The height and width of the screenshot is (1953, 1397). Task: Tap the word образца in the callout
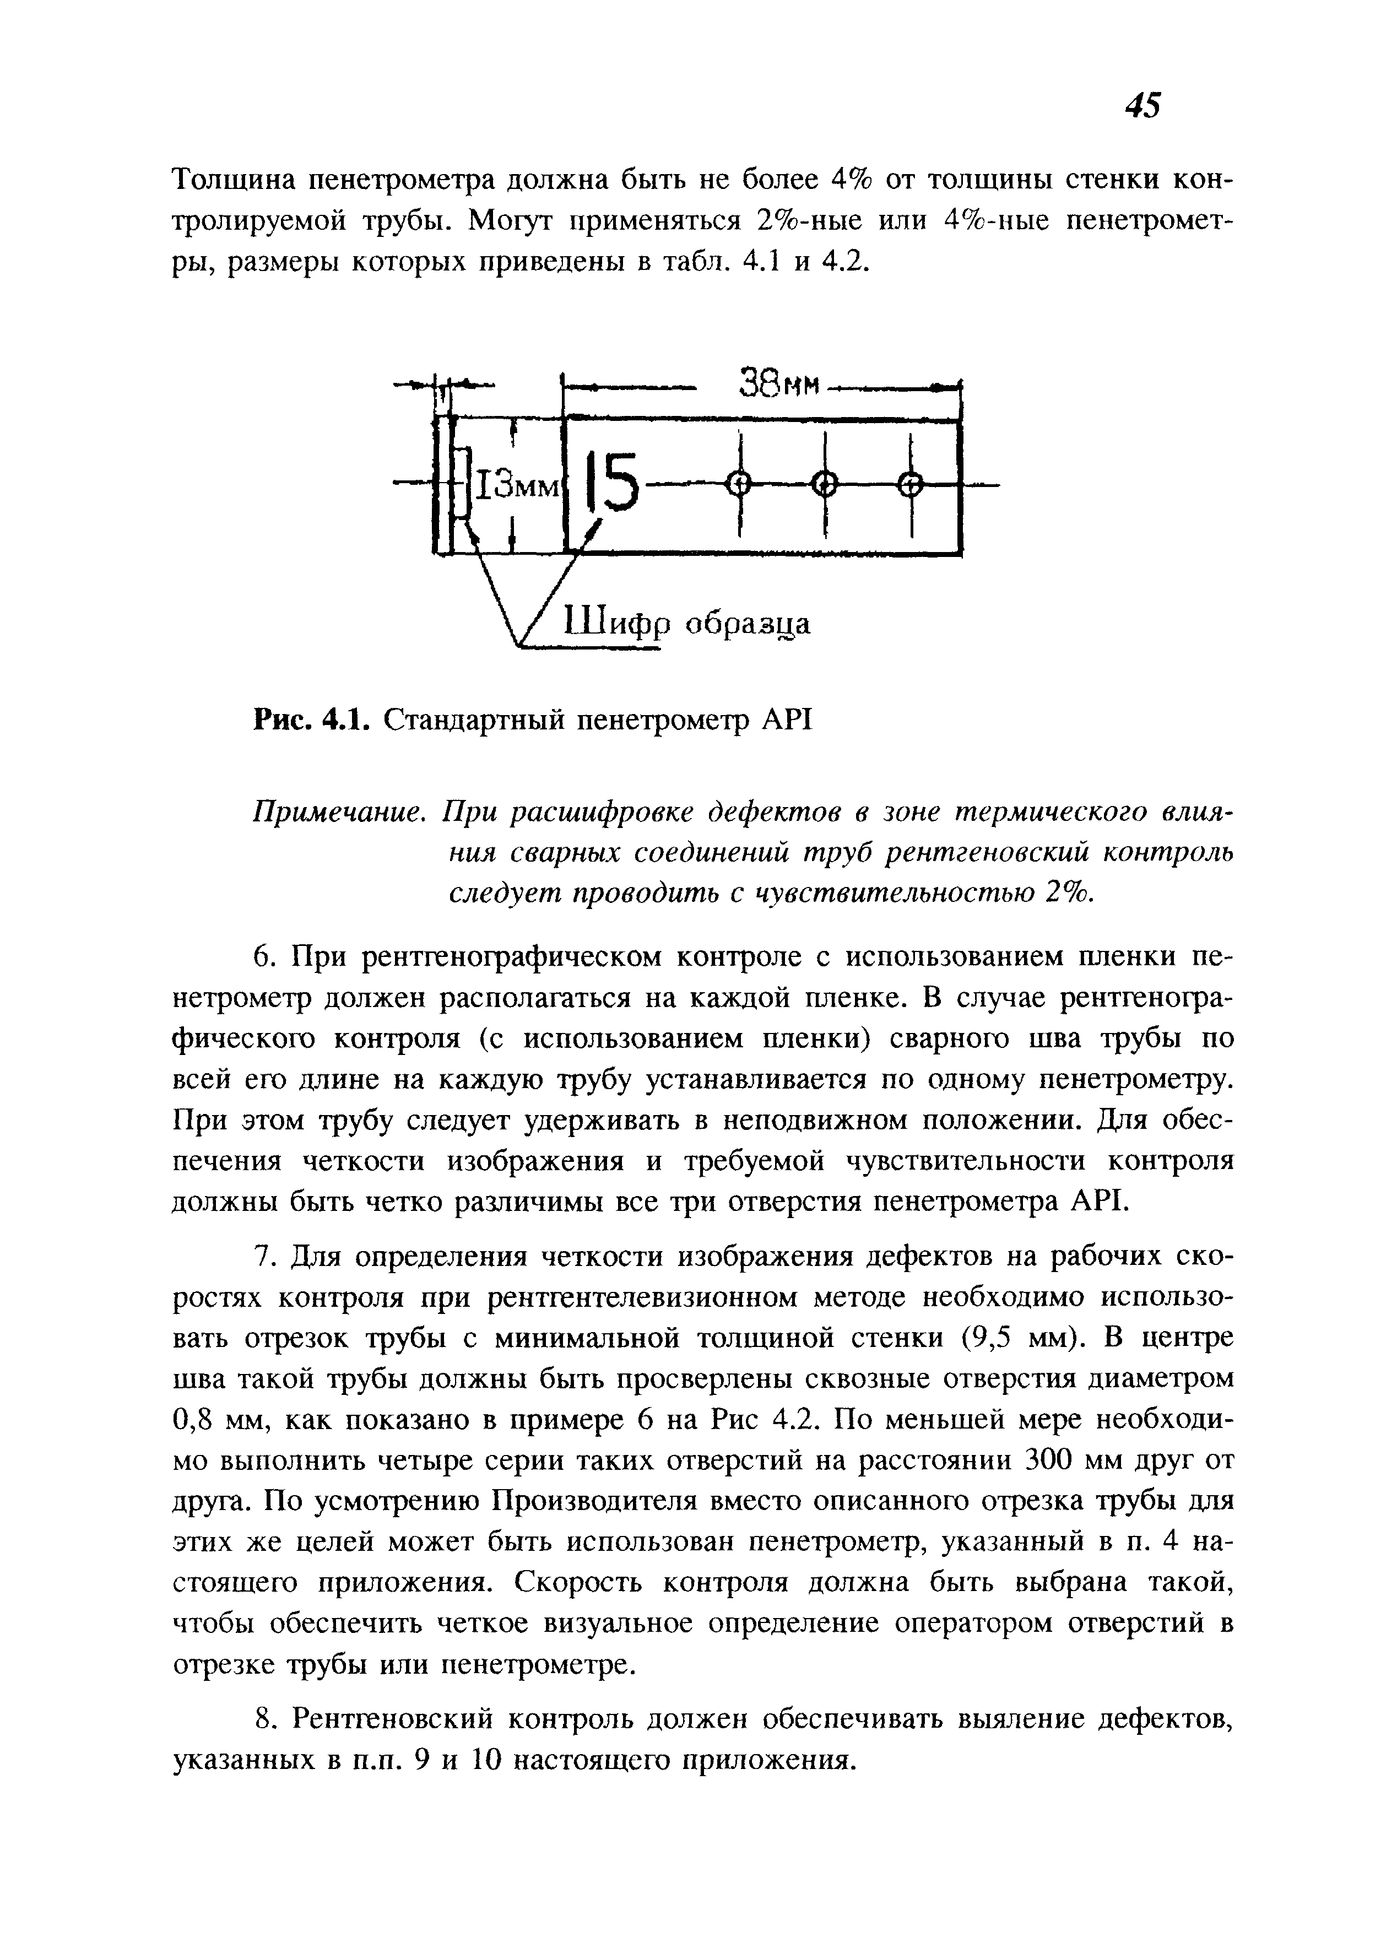(746, 624)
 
